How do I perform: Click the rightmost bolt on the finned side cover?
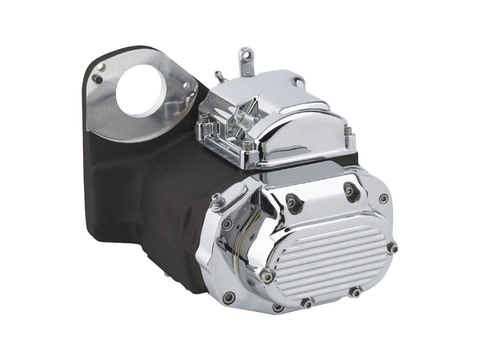392,247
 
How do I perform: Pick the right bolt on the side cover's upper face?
347,191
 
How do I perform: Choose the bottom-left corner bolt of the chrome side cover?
229,298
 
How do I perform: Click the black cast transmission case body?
150,198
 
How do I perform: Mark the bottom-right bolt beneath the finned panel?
355,292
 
